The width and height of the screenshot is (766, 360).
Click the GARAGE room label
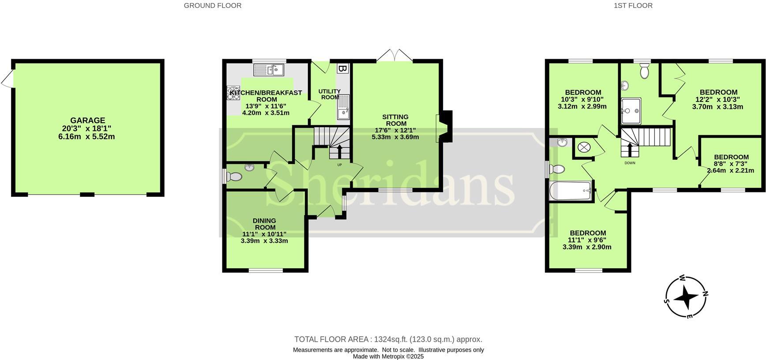click(87, 120)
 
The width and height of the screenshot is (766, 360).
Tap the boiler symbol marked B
click(342, 68)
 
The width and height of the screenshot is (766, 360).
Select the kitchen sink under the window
click(269, 69)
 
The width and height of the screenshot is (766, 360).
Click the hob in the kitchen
click(233, 93)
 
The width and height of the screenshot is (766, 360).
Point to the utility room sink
click(343, 107)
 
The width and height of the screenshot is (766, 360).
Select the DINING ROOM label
click(264, 224)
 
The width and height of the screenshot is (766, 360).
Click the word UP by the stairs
click(339, 165)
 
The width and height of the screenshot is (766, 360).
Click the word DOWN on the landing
click(630, 163)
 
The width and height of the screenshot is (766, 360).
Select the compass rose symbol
click(686, 297)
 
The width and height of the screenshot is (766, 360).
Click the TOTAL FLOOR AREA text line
click(388, 339)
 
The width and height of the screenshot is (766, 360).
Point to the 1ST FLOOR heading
click(633, 6)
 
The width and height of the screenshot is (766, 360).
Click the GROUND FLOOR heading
click(212, 6)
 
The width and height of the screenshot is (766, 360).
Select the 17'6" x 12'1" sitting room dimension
click(395, 130)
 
